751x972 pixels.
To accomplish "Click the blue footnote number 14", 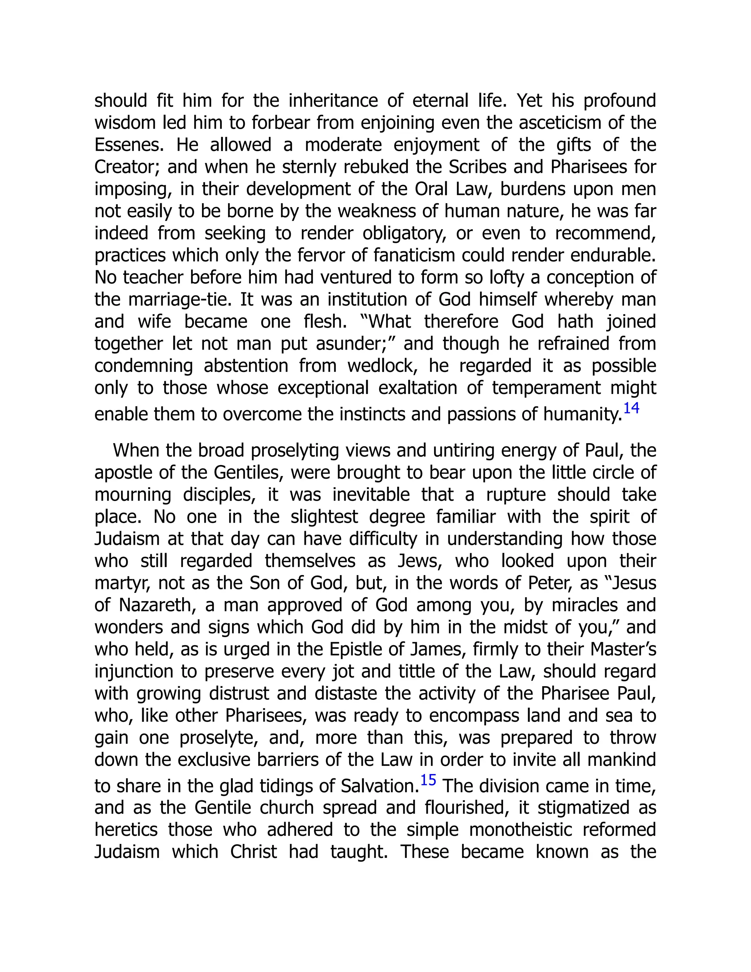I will [x=631, y=408].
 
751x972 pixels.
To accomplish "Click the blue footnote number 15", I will [x=428, y=780].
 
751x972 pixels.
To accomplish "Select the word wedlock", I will [x=383, y=366].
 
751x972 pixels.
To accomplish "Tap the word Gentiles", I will [x=248, y=473].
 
